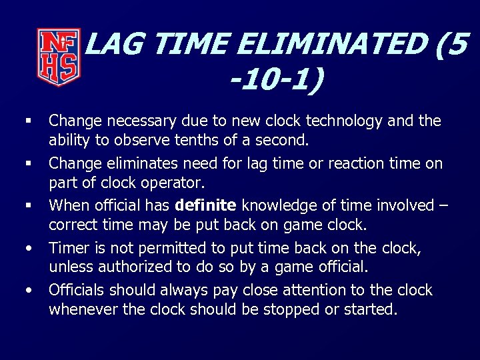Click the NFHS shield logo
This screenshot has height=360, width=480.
click(x=59, y=57)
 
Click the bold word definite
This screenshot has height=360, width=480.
click(x=206, y=205)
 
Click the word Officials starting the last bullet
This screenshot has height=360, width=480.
click(x=77, y=291)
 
